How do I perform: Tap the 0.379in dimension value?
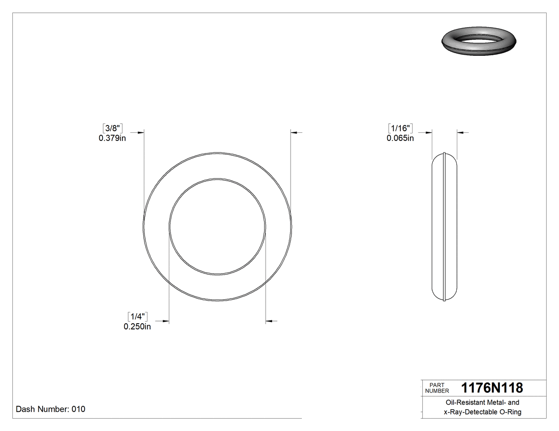(x=112, y=138)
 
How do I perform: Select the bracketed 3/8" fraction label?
(x=112, y=128)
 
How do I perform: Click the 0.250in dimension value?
(x=137, y=327)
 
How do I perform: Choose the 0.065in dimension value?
(x=400, y=138)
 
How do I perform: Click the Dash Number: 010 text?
(x=51, y=409)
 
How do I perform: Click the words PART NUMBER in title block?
(x=437, y=387)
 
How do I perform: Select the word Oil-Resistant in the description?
(x=462, y=403)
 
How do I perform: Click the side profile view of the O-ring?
(x=444, y=227)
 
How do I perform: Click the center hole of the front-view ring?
(x=217, y=227)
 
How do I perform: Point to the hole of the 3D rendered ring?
(x=480, y=39)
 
